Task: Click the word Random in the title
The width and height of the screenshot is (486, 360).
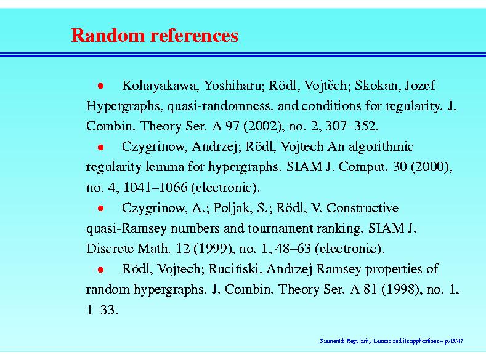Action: point(108,35)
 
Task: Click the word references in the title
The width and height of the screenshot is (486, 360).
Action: point(194,35)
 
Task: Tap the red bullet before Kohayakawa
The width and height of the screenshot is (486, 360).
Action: point(101,86)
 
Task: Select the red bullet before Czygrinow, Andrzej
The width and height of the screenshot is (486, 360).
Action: point(101,147)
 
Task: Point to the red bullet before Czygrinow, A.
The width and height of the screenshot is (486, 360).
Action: point(101,209)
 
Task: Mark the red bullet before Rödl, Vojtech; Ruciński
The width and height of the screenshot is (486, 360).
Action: point(101,270)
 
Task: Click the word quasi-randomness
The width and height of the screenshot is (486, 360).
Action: point(221,106)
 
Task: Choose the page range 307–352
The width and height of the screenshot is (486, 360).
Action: point(352,126)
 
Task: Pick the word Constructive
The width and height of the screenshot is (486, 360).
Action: point(363,208)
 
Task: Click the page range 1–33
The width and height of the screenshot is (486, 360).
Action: point(102,310)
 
